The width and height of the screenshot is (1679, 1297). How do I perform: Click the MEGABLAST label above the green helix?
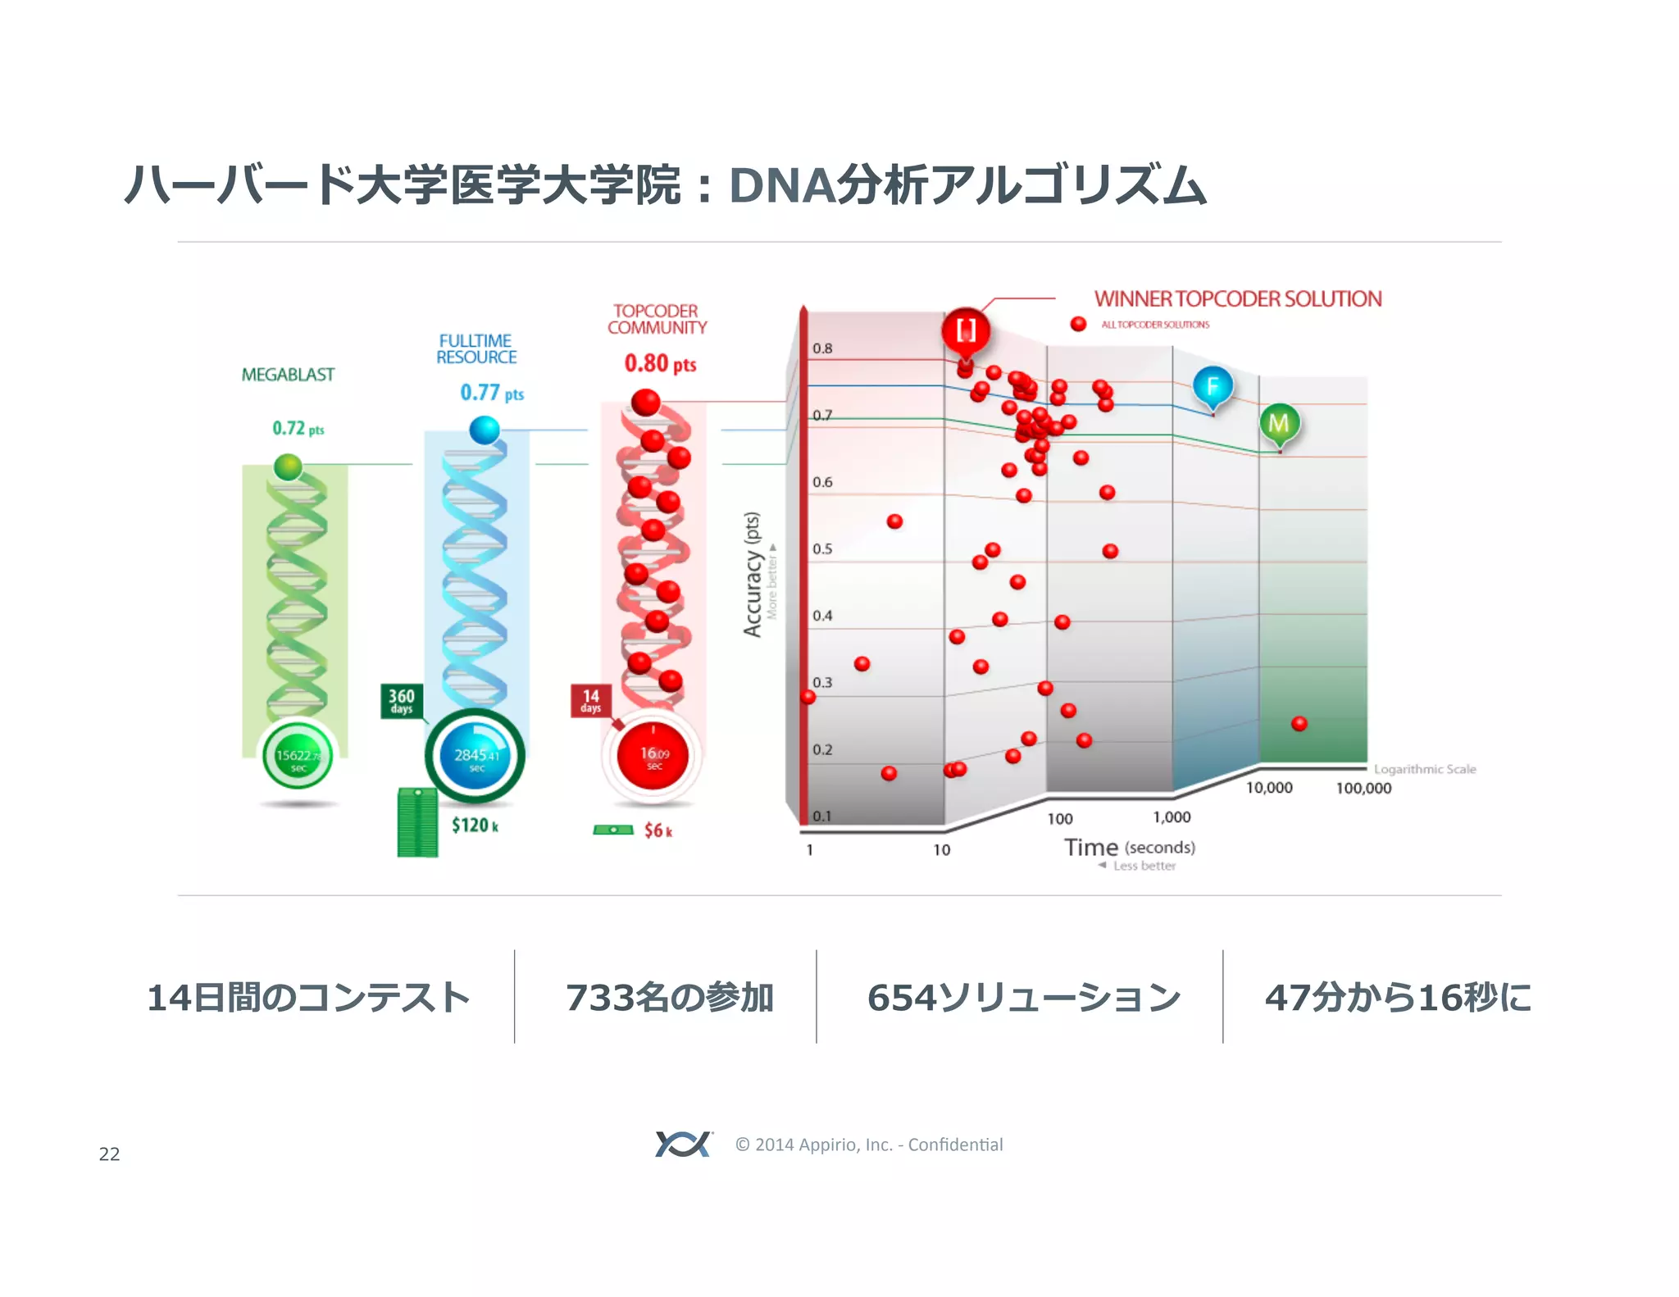288,375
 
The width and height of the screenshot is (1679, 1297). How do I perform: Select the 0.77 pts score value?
491,393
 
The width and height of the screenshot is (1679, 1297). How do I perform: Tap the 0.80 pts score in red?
660,363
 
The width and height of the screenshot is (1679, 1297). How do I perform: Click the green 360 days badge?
402,701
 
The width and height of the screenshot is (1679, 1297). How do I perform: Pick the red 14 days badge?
591,701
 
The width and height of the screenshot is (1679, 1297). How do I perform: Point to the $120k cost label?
475,825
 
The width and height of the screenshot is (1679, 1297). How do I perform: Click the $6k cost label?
657,831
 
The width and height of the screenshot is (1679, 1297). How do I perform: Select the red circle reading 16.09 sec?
653,756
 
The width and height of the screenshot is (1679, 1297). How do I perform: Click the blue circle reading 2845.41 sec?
475,756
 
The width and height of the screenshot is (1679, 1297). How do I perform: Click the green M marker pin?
1279,423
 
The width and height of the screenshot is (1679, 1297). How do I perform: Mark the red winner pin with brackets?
966,331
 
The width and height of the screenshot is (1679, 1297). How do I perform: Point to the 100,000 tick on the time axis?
1363,788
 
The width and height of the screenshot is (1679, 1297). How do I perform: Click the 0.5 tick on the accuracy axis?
822,548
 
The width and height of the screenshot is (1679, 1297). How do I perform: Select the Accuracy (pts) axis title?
752,574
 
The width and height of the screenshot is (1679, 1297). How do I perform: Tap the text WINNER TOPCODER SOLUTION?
1238,299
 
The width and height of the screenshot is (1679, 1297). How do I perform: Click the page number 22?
109,1154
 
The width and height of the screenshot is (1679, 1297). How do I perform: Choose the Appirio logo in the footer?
683,1144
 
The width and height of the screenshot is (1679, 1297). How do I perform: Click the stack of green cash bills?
417,822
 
